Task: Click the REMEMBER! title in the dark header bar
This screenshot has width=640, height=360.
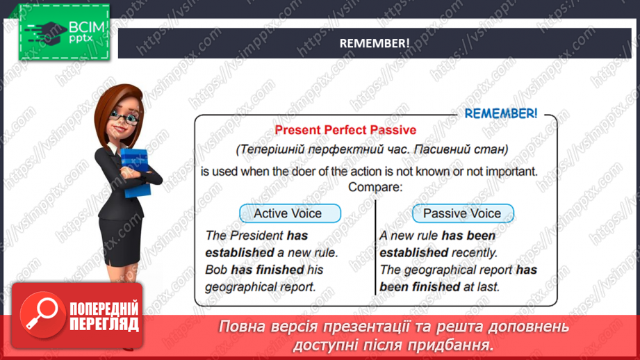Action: (374, 43)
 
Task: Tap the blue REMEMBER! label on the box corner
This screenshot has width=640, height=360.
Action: (500, 113)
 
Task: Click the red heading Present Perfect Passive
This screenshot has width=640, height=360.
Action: (345, 130)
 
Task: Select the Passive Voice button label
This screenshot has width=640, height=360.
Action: (462, 213)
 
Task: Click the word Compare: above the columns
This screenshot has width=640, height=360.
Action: (375, 187)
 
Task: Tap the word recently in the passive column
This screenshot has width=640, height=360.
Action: (475, 253)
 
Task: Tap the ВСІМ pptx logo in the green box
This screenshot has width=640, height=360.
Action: (64, 31)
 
